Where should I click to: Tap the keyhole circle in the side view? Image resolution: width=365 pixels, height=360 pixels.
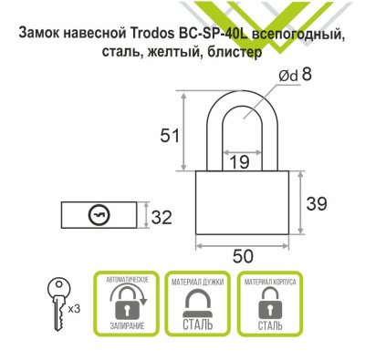tap(99, 216)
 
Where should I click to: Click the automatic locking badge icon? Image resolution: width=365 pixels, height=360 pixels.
tap(127, 300)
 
